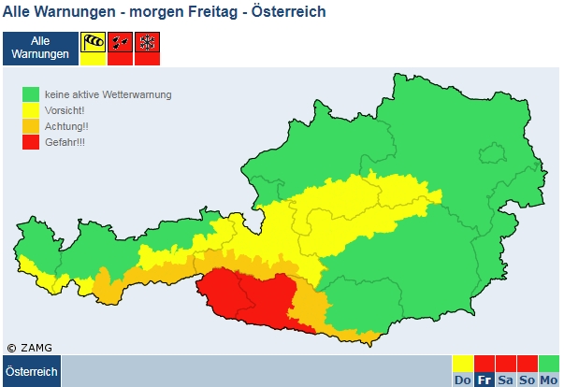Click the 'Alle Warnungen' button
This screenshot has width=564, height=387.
[x=39, y=49]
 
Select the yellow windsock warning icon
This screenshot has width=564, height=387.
[x=93, y=43]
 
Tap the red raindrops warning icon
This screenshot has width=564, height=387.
[x=120, y=43]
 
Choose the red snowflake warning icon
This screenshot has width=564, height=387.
[x=147, y=43]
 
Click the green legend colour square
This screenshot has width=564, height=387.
[x=32, y=94]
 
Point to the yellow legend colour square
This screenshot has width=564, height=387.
[x=32, y=110]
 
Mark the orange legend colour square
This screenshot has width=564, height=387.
[x=32, y=125]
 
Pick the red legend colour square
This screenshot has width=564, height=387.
[x=32, y=141]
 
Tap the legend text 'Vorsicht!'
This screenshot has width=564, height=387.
[x=65, y=110]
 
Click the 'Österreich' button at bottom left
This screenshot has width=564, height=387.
[x=32, y=371]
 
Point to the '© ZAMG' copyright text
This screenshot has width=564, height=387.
[x=29, y=348]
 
